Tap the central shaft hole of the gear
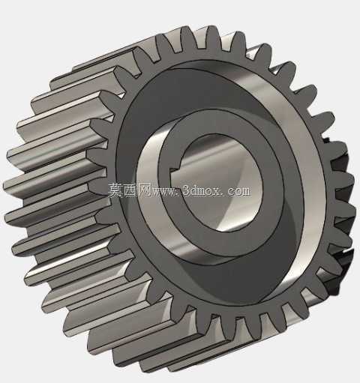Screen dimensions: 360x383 click(x=220, y=182)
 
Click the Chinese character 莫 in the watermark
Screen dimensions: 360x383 click(x=116, y=190)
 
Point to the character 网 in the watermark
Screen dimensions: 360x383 click(x=145, y=190)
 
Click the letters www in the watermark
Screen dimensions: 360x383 click(x=165, y=192)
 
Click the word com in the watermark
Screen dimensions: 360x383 click(x=238, y=191)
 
